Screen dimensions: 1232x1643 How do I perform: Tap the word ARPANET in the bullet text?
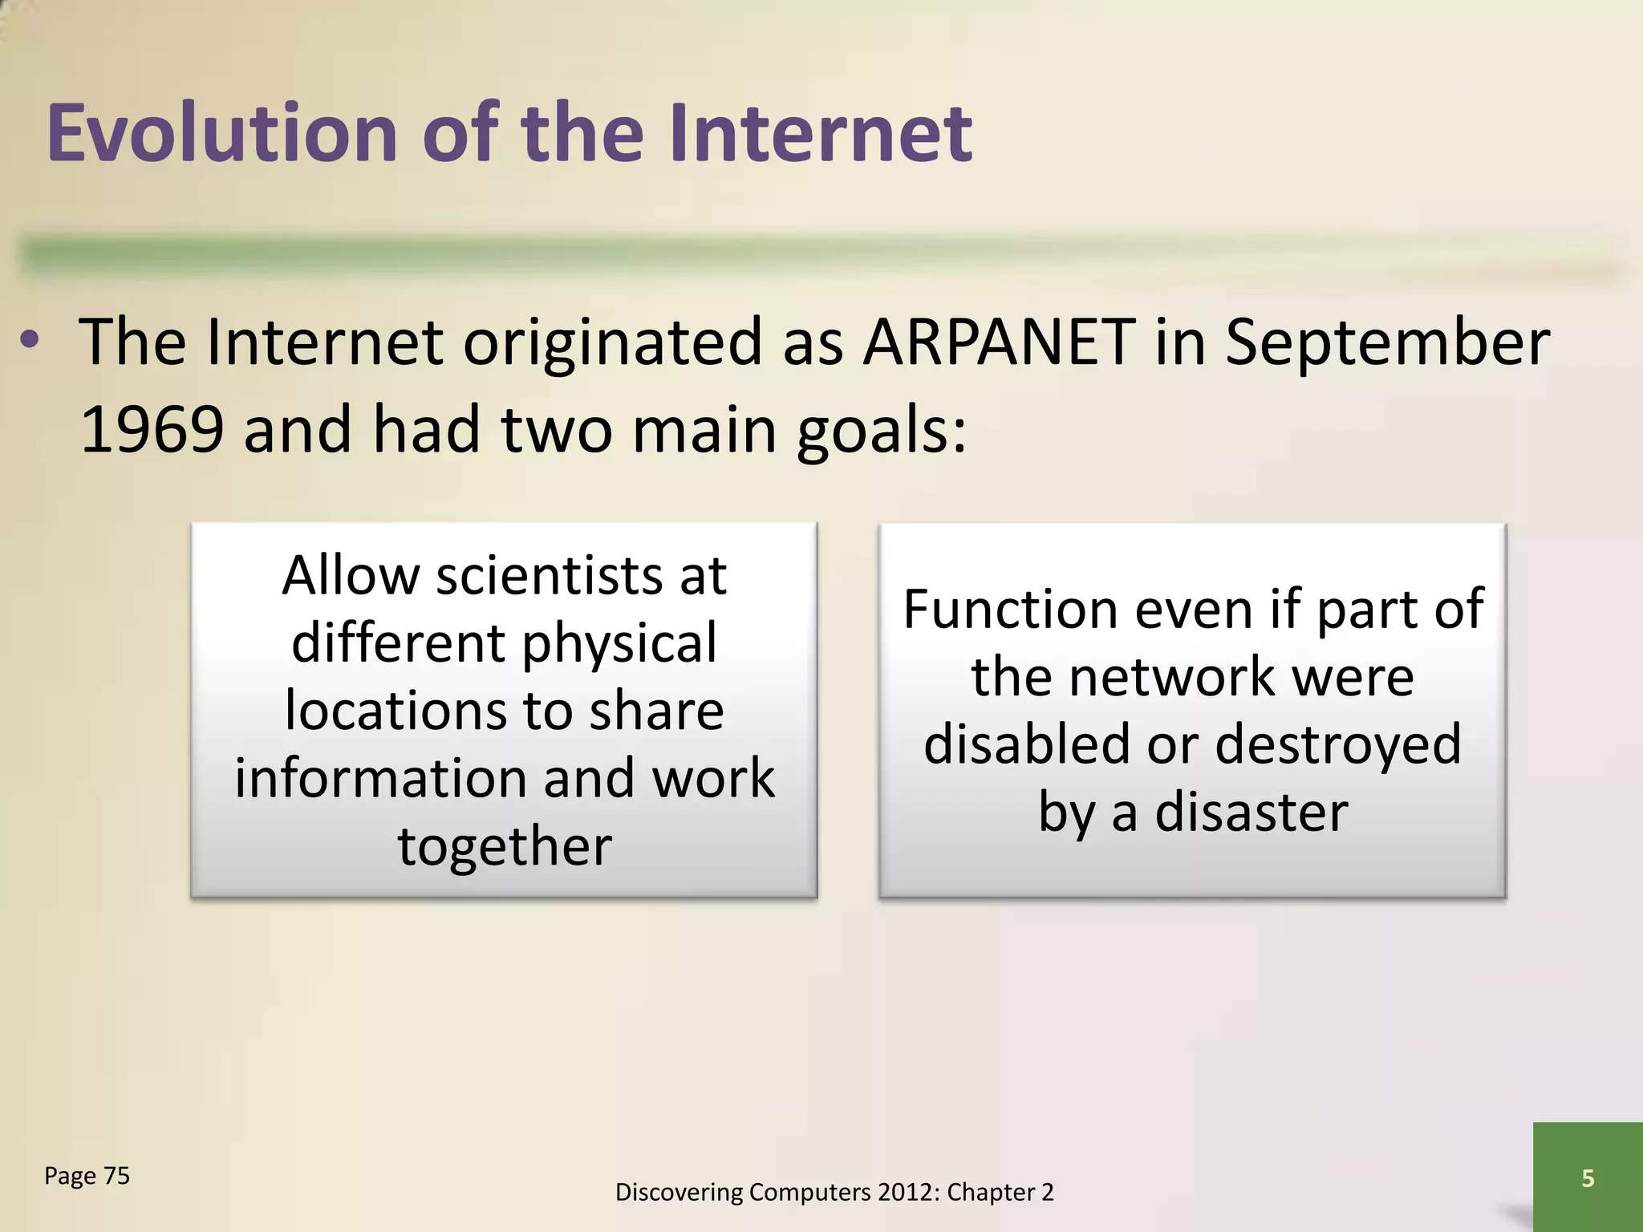(x=998, y=343)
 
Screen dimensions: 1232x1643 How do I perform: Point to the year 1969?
(x=152, y=430)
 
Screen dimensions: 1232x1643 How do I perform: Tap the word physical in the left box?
(x=619, y=645)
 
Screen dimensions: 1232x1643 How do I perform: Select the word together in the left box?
(x=505, y=847)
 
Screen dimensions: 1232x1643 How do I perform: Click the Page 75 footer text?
(x=87, y=1177)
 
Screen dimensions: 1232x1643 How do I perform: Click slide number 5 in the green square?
(x=1587, y=1178)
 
